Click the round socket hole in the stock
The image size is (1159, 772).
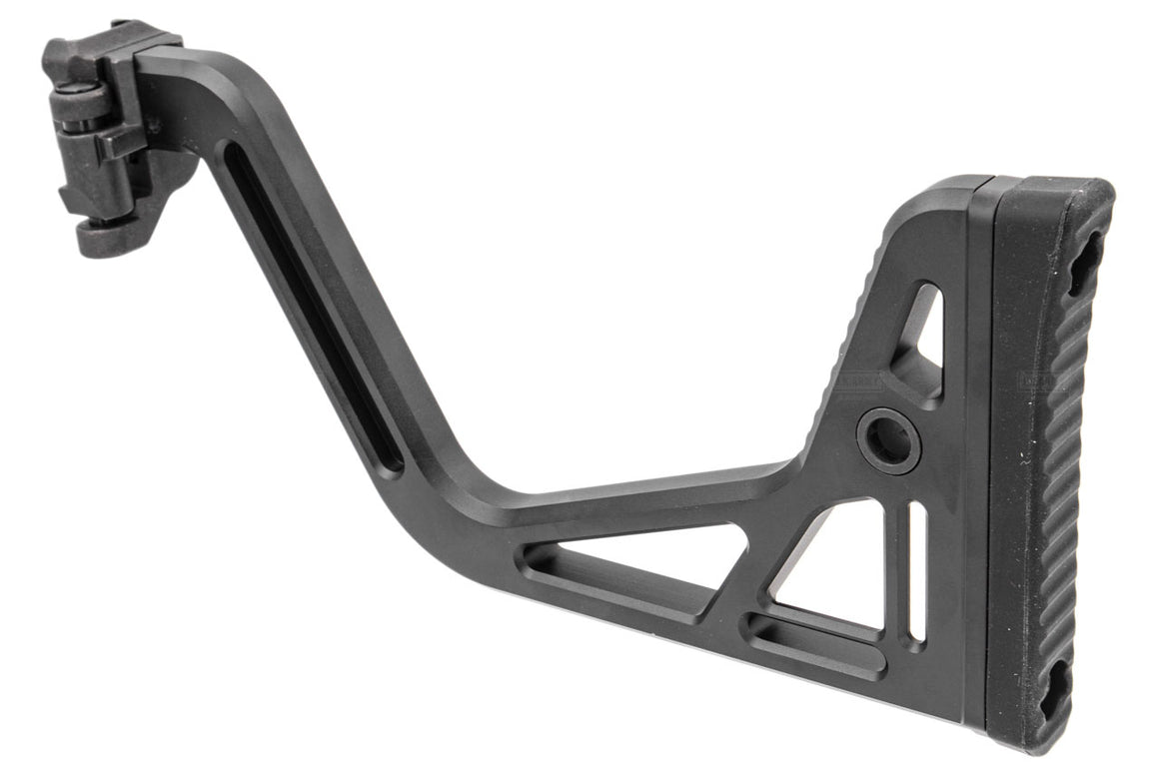coord(888,440)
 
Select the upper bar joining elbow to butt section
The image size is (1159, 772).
coord(649,489)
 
